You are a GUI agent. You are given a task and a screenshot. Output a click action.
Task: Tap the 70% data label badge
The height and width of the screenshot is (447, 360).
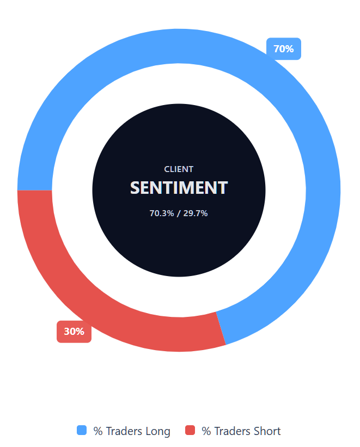pos(283,49)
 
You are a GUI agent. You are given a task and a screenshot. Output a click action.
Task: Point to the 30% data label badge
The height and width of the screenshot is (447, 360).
pos(74,332)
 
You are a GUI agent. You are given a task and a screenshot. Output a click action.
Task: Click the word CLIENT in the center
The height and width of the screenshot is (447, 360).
pos(179,169)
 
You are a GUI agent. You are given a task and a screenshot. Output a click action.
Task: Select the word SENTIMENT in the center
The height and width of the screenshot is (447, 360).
pos(179,188)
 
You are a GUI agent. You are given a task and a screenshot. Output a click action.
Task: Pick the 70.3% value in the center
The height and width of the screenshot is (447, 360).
pos(162,213)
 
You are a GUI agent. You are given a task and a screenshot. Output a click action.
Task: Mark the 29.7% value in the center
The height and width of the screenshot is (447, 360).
pos(196,213)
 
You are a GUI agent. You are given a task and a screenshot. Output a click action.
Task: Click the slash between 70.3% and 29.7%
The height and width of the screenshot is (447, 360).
pos(179,213)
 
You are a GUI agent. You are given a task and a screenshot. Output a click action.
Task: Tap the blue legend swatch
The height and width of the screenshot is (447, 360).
pos(82,431)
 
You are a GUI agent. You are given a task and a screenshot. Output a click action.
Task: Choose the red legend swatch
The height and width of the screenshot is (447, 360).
pos(190,431)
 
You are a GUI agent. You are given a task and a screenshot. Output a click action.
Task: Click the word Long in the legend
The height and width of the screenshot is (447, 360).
pos(157,431)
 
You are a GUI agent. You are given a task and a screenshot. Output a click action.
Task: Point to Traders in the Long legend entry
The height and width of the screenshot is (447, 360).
pos(124,431)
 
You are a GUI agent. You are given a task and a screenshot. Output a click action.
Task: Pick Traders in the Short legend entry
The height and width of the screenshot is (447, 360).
pos(232,431)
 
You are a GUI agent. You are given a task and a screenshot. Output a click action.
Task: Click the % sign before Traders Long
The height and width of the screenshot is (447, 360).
pos(98,431)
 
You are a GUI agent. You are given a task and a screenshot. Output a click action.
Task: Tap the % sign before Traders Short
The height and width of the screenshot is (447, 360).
pos(206,431)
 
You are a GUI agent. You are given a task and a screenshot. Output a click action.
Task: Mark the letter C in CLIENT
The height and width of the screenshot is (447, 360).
pos(167,169)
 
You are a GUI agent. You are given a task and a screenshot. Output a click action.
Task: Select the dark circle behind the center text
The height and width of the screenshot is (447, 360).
pos(179,245)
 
